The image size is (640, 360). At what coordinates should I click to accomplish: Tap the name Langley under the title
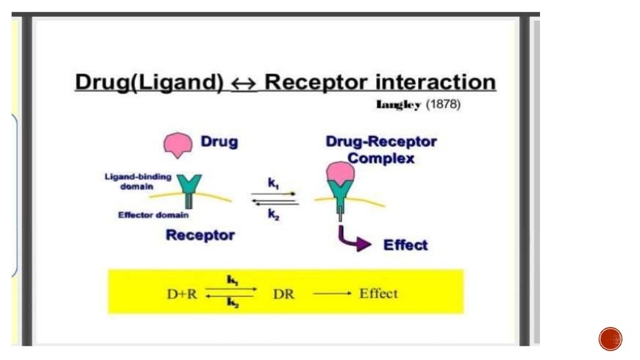tap(398, 105)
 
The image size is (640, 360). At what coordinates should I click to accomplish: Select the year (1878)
tap(443, 105)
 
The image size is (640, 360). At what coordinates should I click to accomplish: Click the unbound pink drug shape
tap(177, 144)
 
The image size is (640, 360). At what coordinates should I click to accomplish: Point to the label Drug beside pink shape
tap(219, 142)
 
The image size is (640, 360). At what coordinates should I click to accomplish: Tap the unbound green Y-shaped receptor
tap(189, 188)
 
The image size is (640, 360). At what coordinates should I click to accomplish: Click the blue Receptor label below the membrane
tap(200, 236)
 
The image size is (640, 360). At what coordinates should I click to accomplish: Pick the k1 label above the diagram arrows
tap(273, 183)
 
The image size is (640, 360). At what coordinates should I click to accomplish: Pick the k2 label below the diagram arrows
tap(274, 214)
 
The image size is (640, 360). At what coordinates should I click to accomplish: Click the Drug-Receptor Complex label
tap(381, 150)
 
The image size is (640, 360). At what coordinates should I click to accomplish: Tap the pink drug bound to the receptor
tap(339, 173)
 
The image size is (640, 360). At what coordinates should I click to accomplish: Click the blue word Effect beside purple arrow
tap(406, 245)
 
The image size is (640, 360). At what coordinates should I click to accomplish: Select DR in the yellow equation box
tap(283, 294)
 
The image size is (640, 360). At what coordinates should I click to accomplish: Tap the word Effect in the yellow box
tap(378, 294)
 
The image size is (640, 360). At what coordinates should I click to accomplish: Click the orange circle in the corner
tap(610, 339)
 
